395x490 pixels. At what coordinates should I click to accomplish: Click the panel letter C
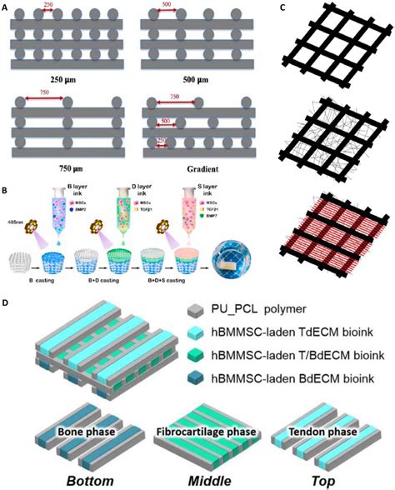click(284, 7)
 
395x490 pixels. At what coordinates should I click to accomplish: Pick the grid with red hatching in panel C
click(332, 242)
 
